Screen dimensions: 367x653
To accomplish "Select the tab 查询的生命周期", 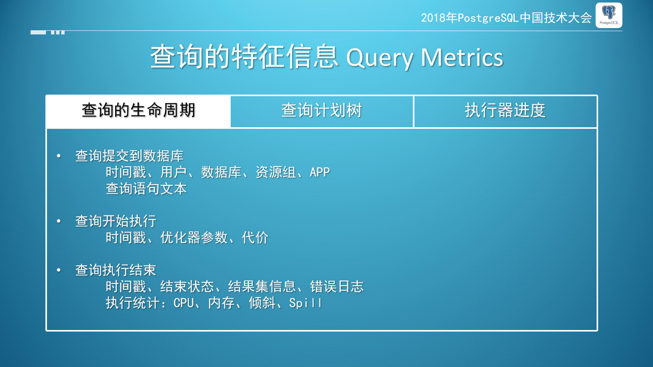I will [x=139, y=110].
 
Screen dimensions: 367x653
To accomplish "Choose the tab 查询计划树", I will [x=322, y=110].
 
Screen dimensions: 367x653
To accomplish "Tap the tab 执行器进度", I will [x=505, y=110].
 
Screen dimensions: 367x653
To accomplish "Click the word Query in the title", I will [x=380, y=58].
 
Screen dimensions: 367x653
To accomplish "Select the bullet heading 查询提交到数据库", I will [x=129, y=156].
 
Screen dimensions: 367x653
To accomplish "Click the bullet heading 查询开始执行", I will [x=116, y=221].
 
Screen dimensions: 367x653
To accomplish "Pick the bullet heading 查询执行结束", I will [x=116, y=270].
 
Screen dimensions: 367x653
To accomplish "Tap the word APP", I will [x=320, y=172].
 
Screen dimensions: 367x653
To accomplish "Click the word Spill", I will [x=305, y=303].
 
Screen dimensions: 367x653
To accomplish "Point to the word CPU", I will [x=184, y=303].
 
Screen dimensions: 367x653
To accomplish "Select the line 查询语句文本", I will [x=146, y=189].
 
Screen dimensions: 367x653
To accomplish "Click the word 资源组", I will [x=276, y=172].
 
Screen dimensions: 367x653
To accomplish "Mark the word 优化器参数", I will [x=194, y=237].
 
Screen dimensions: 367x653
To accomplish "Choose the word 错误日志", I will [x=337, y=286].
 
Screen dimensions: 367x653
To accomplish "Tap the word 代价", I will [x=255, y=237].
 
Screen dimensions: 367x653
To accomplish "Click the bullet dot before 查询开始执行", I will [x=59, y=221].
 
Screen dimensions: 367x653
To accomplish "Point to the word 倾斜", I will [x=262, y=303].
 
